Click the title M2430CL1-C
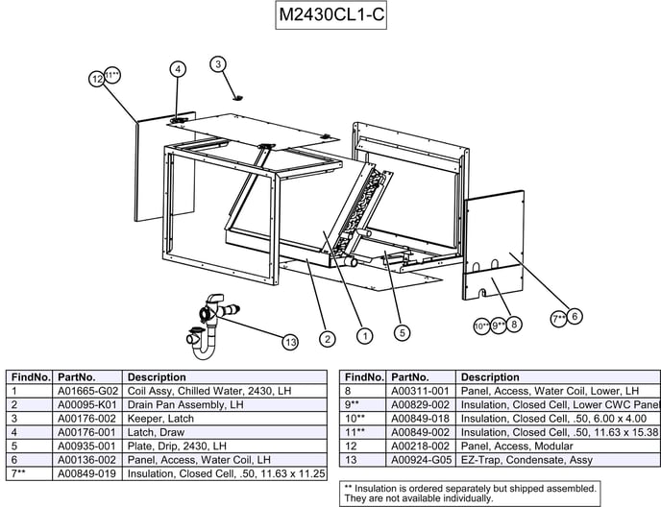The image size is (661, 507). click(x=331, y=17)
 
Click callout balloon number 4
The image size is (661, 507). click(x=178, y=68)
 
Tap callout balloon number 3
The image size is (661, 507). click(x=219, y=64)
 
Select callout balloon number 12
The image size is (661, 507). click(x=97, y=80)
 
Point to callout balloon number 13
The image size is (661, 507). click(x=289, y=342)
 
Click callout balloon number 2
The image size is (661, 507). click(x=328, y=338)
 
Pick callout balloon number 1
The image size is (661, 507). click(x=365, y=336)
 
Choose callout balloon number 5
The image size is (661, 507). click(x=403, y=332)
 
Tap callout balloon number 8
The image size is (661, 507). click(x=516, y=325)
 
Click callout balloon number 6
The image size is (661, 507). click(x=575, y=315)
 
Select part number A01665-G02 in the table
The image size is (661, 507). click(x=87, y=392)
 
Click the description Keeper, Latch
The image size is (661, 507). click(x=160, y=419)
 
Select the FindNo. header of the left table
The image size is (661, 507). click(x=31, y=377)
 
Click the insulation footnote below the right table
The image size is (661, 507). click(x=470, y=494)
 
